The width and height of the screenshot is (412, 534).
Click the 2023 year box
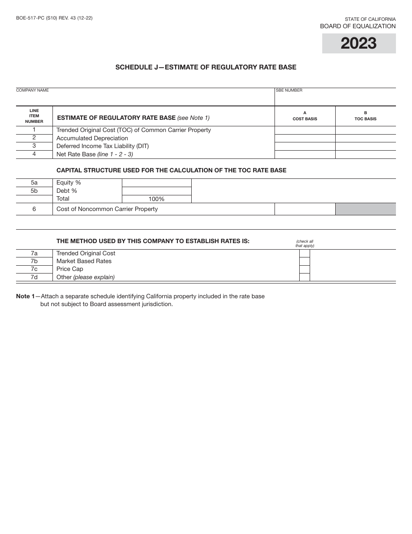(x=359, y=43)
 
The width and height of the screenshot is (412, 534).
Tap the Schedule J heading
(x=206, y=67)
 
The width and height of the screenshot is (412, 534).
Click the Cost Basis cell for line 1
(x=305, y=130)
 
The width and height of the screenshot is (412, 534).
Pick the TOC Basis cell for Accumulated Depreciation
(x=365, y=138)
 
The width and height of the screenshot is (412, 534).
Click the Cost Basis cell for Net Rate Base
(x=305, y=155)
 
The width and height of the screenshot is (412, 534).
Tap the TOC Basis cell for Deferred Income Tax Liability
(x=365, y=146)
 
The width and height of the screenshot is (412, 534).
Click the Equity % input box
(x=157, y=183)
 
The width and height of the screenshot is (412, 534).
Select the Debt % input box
(x=157, y=191)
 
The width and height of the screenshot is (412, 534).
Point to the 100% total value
(x=157, y=199)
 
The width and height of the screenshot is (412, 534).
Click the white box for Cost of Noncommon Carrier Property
(x=305, y=209)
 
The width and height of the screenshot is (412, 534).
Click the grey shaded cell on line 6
(x=365, y=209)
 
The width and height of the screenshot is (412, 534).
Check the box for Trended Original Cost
(x=304, y=254)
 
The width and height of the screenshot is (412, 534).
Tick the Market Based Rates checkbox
(x=304, y=261)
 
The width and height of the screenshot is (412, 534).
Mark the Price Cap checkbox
(x=304, y=269)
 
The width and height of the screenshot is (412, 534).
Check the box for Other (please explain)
(x=304, y=277)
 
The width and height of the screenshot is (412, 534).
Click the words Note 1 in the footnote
(x=25, y=297)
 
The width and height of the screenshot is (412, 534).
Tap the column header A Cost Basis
(x=305, y=116)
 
